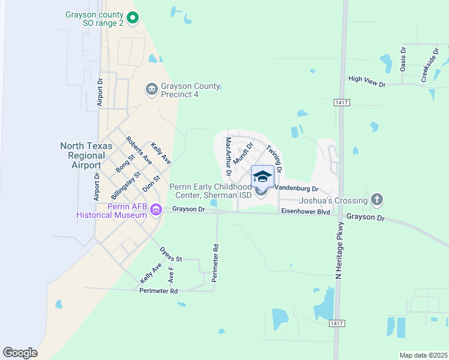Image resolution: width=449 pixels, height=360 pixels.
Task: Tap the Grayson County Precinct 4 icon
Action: pos(151,89)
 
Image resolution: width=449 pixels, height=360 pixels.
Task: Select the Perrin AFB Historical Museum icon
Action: pos(157,209)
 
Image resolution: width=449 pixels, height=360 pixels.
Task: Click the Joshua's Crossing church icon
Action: pos(376,198)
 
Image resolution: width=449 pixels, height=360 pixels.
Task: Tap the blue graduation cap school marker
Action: pos(262,176)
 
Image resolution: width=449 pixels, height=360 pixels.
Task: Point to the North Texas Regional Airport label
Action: pos(83,155)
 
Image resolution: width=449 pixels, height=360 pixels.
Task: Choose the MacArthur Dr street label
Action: pos(228,156)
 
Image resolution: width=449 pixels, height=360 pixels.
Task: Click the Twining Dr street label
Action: pos(274,155)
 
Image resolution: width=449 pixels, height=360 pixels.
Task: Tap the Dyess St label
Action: pos(170,254)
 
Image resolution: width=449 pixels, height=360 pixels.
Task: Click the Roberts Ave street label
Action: pos(139,151)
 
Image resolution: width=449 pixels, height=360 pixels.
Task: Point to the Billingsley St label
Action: pos(125,186)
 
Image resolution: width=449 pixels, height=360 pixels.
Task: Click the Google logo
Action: pos(20,353)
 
